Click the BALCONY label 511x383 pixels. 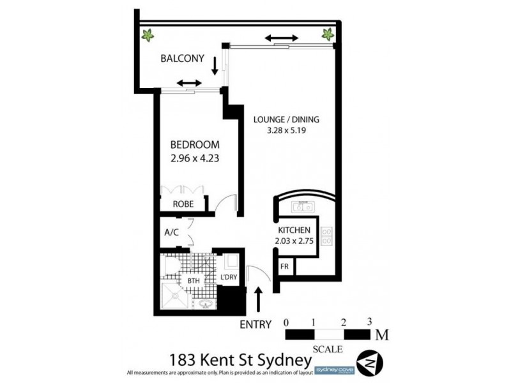pos(182,59)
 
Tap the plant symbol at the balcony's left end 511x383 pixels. pos(148,34)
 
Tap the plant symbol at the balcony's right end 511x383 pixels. pos(328,34)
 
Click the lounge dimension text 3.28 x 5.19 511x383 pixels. pos(286,131)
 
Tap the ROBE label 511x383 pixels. pos(184,205)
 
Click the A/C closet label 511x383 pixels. pos(171,233)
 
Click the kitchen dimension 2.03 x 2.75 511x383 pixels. pos(294,243)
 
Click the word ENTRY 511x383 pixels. pos(256,324)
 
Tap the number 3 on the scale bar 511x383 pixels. pos(370,322)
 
